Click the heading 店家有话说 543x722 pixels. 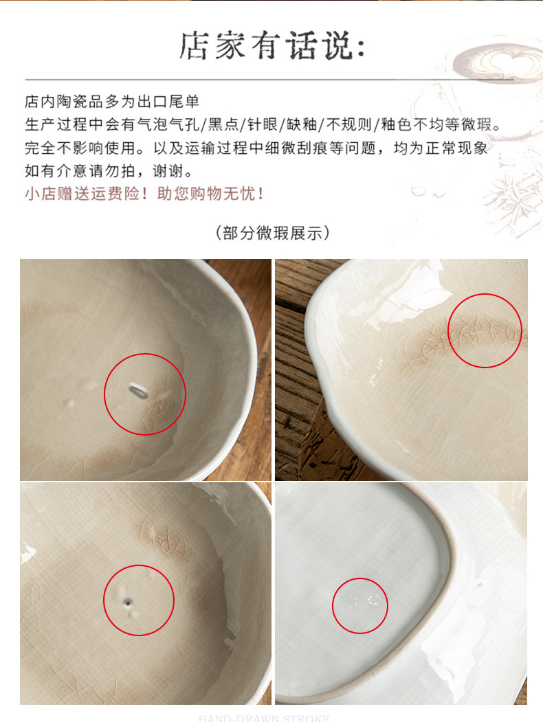pyautogui.click(x=271, y=46)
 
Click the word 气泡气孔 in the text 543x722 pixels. pyautogui.click(x=168, y=124)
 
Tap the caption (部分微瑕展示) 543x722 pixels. pyautogui.click(x=272, y=233)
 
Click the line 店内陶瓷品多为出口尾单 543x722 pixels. pyautogui.click(x=112, y=101)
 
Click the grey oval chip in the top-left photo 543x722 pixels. pyautogui.click(x=137, y=391)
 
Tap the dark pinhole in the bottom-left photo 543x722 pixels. pyautogui.click(x=128, y=602)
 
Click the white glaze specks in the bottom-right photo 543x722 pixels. pyautogui.click(x=364, y=601)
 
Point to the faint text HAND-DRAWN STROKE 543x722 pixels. pyautogui.click(x=265, y=718)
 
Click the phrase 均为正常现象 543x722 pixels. pyautogui.click(x=441, y=148)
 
